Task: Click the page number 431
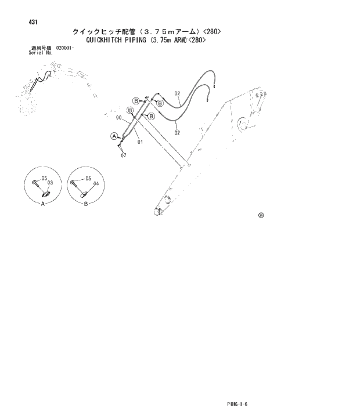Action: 33,22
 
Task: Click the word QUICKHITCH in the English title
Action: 103,41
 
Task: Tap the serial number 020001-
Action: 65,48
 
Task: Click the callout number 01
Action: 140,142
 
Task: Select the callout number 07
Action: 124,155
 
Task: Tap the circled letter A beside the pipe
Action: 114,136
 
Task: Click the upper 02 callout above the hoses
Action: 177,93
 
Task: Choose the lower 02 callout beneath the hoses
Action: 177,133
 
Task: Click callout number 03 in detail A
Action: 51,183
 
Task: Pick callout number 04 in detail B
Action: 96,183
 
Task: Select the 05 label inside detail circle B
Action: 88,179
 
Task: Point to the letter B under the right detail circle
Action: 85,204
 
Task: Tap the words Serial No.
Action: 40,52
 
